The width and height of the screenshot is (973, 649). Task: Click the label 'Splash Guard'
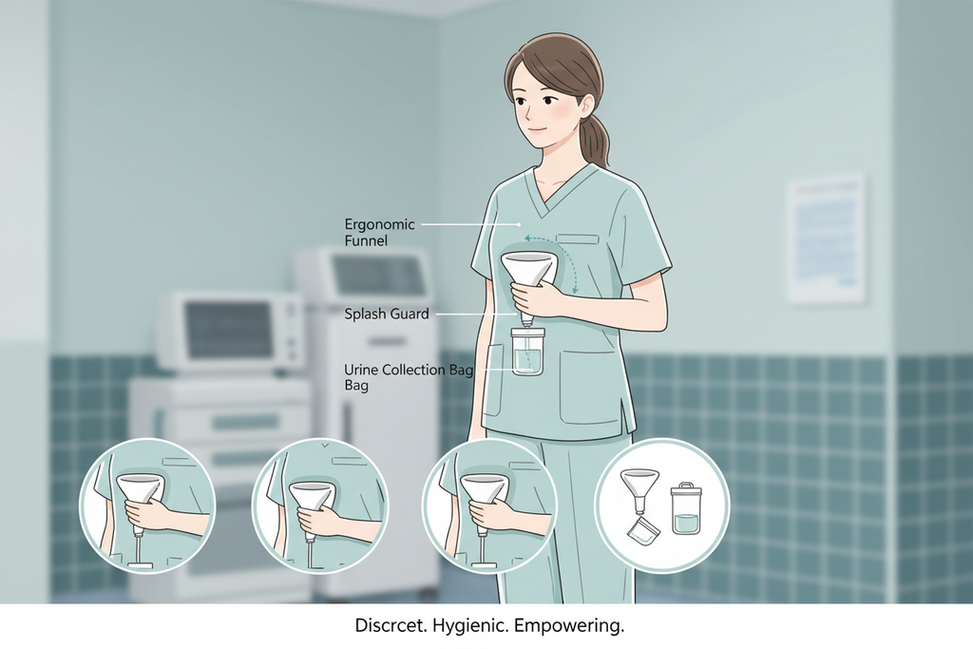pyautogui.click(x=387, y=314)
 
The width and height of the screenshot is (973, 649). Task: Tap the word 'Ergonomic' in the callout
pyautogui.click(x=379, y=224)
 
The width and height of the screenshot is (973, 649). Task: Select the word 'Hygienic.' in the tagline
pyautogui.click(x=470, y=625)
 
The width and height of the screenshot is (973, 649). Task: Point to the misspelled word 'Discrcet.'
pyautogui.click(x=391, y=625)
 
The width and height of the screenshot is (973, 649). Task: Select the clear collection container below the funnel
pyautogui.click(x=528, y=352)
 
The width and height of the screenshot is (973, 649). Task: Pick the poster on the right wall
pyautogui.click(x=826, y=239)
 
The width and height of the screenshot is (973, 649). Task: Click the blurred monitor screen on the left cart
pyautogui.click(x=231, y=330)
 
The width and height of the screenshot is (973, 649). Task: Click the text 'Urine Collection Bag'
pyautogui.click(x=409, y=371)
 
